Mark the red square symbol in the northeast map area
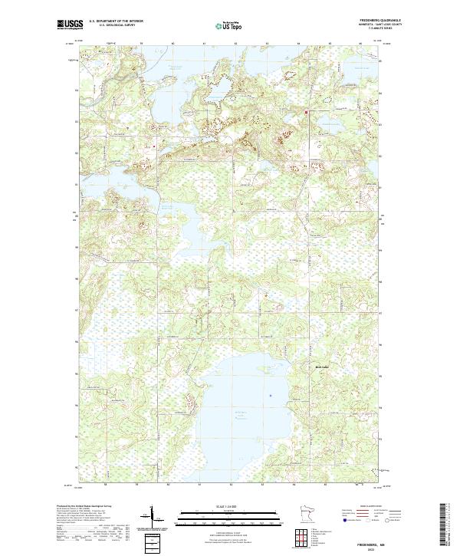307,113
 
